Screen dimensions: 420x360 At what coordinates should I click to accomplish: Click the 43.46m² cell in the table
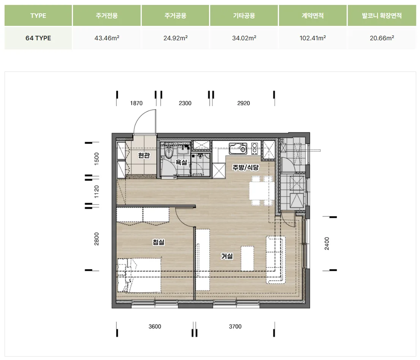click(x=106, y=38)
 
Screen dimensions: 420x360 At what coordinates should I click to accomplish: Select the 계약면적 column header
click(x=312, y=16)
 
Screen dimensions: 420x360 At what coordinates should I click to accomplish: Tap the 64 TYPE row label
click(x=38, y=38)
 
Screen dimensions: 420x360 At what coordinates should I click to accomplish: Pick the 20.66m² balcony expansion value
click(x=382, y=38)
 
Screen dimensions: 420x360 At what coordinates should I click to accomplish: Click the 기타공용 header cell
click(x=244, y=16)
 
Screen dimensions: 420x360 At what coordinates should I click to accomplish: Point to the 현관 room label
click(x=144, y=155)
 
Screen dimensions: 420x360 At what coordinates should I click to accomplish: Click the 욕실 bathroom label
click(x=181, y=162)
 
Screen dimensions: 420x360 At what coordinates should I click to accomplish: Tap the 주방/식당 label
click(x=246, y=167)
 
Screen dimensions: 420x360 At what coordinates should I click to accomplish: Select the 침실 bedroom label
click(x=158, y=242)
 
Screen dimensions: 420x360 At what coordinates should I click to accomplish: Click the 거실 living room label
click(x=227, y=256)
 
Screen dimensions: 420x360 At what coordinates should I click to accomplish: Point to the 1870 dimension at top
click(x=136, y=103)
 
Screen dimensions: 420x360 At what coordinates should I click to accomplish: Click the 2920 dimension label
click(x=244, y=103)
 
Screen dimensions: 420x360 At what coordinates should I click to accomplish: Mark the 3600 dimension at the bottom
click(x=155, y=327)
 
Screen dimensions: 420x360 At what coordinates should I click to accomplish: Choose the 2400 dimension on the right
click(x=327, y=243)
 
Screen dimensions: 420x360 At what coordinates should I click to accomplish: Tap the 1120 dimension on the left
click(x=97, y=192)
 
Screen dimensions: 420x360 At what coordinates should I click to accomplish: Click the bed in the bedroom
click(x=139, y=275)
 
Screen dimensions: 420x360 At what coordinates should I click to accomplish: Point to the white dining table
click(x=262, y=190)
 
